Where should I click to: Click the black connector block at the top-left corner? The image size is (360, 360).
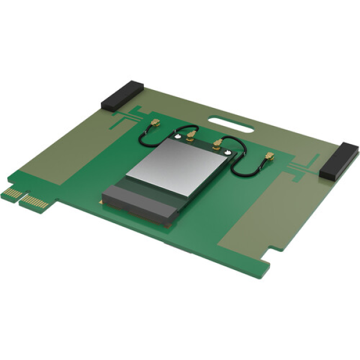(121, 96)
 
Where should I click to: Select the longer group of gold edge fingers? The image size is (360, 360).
(34, 202)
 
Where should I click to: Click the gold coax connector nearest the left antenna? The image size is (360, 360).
(154, 124)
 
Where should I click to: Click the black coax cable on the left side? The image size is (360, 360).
(144, 138)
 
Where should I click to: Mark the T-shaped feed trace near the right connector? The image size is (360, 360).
(303, 166)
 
